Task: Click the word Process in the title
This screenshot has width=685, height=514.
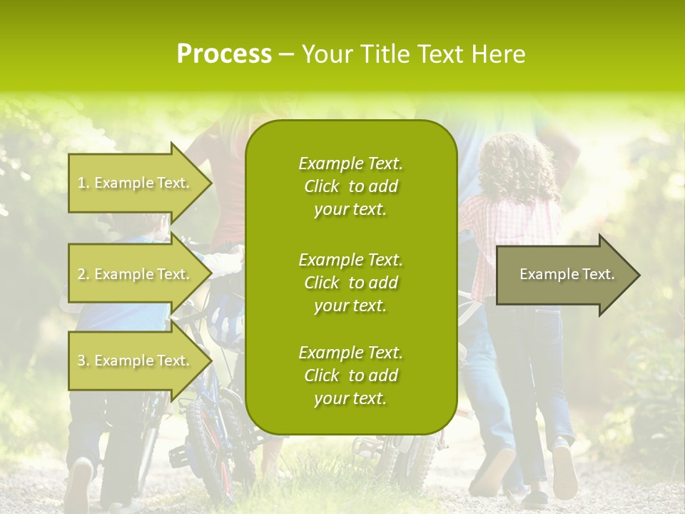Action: [x=224, y=54]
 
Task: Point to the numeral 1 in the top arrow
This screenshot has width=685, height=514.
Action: [x=81, y=183]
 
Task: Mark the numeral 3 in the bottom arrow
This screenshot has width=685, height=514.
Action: [x=81, y=361]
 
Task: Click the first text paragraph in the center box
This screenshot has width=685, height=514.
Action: [x=350, y=186]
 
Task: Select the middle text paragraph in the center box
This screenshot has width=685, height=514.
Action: [x=350, y=283]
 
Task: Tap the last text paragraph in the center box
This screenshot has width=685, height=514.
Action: [x=350, y=376]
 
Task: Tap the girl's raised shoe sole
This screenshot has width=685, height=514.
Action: [x=564, y=471]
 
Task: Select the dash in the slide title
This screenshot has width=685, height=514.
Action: [x=287, y=54]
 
